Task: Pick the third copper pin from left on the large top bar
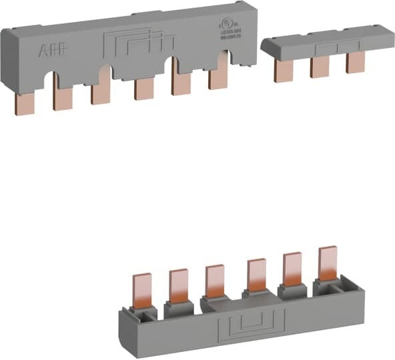click(101, 93)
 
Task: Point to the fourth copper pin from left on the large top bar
click(143, 89)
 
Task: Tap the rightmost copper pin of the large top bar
click(218, 78)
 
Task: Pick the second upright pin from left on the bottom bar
click(178, 286)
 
